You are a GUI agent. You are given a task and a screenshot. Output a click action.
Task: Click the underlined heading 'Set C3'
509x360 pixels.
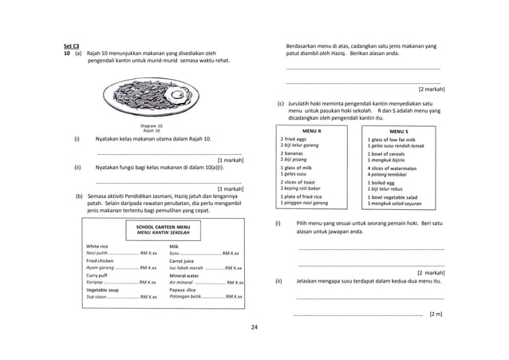[x=71, y=46]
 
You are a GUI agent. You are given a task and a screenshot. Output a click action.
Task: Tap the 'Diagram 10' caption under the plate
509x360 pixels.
[x=151, y=126]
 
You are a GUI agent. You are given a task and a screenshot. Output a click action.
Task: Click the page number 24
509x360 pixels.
[x=254, y=327]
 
